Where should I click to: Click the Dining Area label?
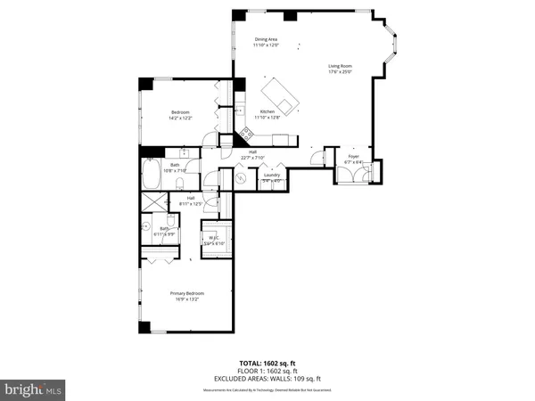[x=266, y=42]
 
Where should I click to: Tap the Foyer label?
[x=354, y=159]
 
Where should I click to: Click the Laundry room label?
[x=272, y=176]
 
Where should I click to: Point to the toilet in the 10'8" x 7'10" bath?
[x=179, y=184]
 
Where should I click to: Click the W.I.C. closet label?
[x=214, y=240]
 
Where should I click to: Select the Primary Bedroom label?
[x=188, y=296]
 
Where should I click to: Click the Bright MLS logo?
[x=33, y=390]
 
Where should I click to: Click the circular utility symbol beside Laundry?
[x=241, y=178]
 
